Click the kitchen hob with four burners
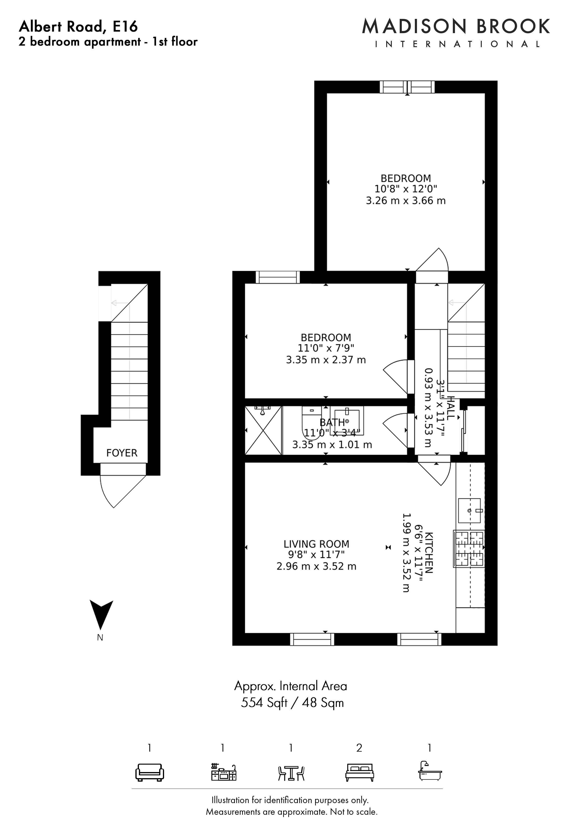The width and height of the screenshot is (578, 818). (x=469, y=549)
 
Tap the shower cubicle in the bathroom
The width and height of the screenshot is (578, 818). (x=264, y=430)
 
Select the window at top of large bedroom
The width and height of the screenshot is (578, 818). (x=407, y=87)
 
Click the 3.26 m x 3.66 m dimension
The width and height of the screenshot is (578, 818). (x=406, y=201)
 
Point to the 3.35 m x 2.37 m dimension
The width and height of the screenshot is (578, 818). (x=326, y=360)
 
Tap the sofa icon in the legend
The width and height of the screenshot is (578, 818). (x=150, y=772)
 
